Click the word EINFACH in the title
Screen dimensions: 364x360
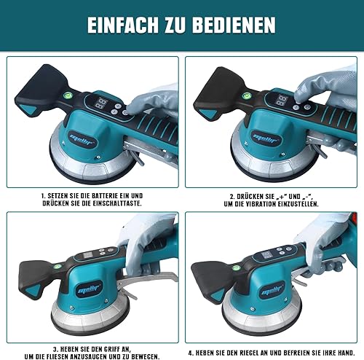click(x=123, y=25)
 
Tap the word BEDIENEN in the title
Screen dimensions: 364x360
click(x=234, y=25)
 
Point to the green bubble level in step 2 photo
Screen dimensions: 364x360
click(x=246, y=95)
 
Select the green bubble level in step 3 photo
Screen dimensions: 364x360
click(x=58, y=267)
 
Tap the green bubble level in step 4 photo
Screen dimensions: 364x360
click(x=236, y=268)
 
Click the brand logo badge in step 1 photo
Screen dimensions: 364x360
click(x=82, y=140)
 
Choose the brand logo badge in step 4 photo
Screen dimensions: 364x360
click(x=272, y=290)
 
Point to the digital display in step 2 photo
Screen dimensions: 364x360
click(x=282, y=100)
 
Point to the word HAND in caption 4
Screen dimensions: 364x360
click(x=346, y=353)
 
